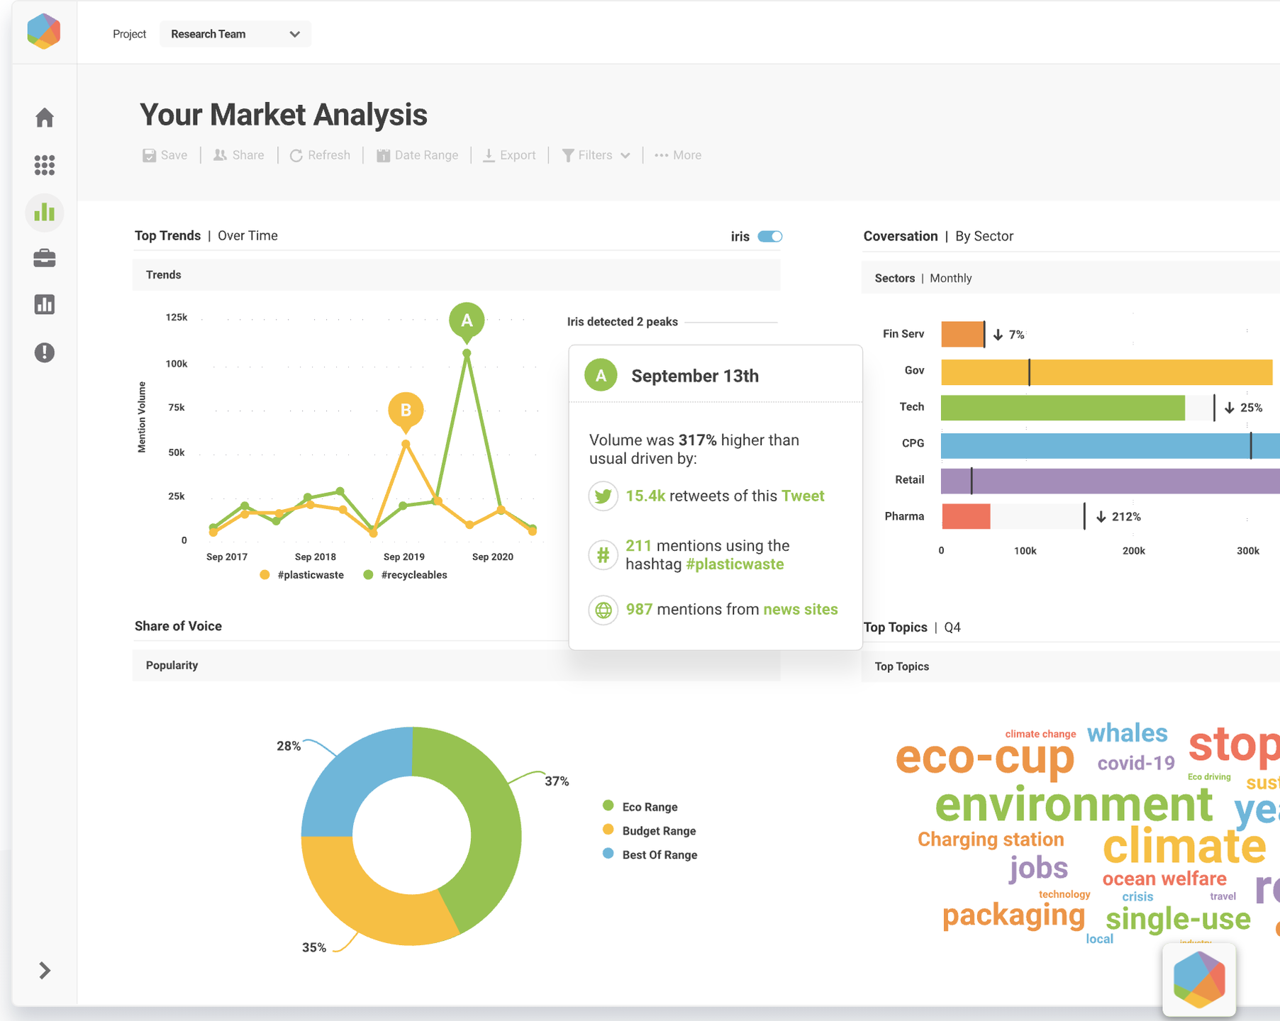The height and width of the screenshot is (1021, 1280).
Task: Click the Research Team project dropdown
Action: click(235, 34)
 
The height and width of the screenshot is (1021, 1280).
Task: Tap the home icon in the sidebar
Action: click(45, 118)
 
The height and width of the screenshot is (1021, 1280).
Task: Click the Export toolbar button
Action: click(509, 155)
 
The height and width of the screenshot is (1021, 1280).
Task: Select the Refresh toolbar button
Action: click(320, 155)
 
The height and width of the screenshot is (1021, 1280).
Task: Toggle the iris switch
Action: click(769, 237)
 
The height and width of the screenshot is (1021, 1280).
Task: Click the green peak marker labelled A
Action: click(467, 320)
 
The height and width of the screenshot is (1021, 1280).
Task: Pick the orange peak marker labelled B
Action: click(406, 410)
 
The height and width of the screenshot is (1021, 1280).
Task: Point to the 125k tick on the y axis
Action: click(176, 318)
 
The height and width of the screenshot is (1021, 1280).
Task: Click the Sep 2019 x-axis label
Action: click(404, 557)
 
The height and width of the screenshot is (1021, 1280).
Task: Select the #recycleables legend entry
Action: click(406, 575)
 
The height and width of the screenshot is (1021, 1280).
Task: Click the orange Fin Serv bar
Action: click(962, 334)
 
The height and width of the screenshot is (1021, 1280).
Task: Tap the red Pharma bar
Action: click(966, 516)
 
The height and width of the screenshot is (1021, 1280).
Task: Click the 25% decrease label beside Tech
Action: click(1244, 408)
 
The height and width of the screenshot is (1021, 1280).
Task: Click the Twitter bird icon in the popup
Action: click(603, 496)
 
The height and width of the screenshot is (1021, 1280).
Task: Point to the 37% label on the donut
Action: click(557, 781)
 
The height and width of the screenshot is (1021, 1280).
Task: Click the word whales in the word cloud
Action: click(1127, 733)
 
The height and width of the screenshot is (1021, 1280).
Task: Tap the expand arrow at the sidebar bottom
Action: click(45, 970)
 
